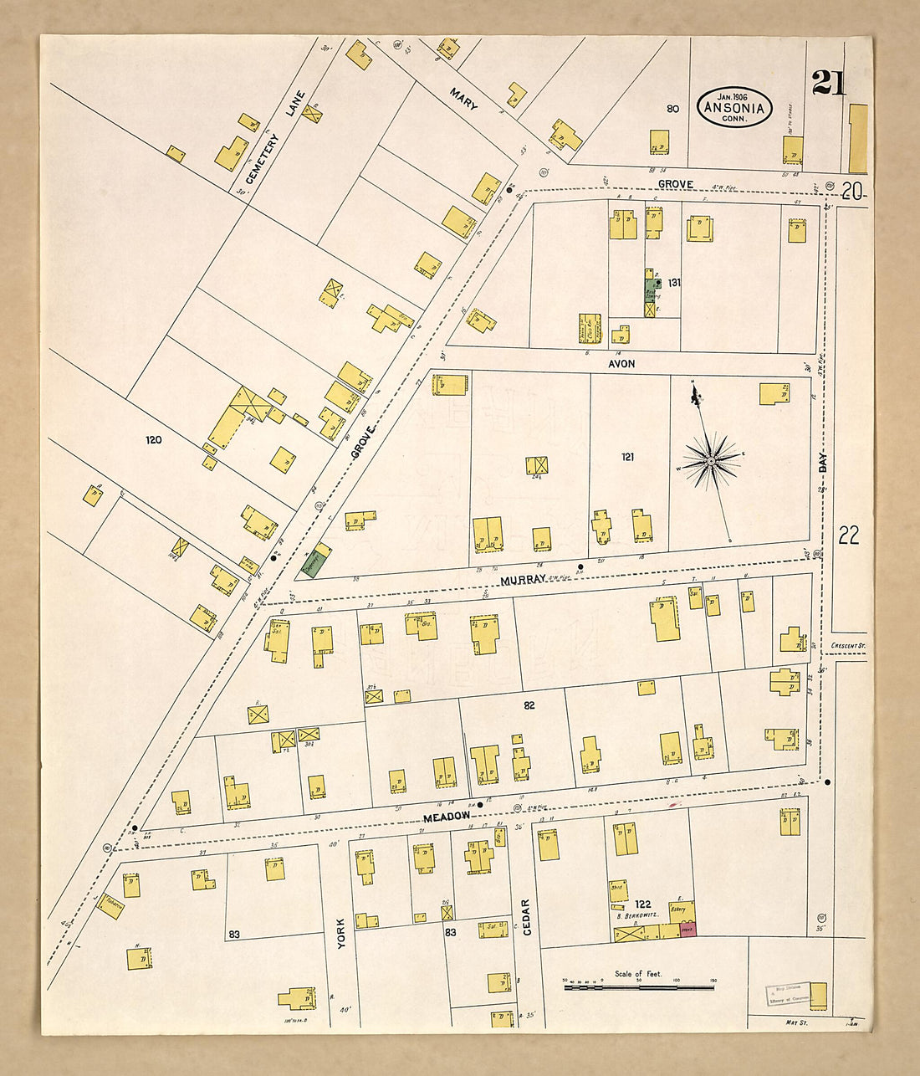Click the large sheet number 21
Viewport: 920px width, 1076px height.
(x=827, y=83)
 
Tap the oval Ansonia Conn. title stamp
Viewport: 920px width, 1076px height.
(x=735, y=108)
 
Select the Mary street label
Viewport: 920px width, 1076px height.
(x=463, y=99)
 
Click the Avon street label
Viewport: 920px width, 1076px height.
(x=621, y=364)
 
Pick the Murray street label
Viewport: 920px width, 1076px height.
(x=524, y=579)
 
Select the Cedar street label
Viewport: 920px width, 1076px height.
(x=526, y=916)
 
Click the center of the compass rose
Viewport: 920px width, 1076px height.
(x=711, y=460)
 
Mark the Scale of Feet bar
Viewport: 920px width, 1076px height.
(x=640, y=987)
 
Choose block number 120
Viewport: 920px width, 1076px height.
(x=153, y=439)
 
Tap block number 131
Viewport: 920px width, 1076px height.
(x=673, y=283)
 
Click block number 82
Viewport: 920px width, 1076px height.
(x=529, y=705)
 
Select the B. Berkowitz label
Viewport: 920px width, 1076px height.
(x=638, y=915)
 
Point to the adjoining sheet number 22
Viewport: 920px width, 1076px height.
(x=848, y=535)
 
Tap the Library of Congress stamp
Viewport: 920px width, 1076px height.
(x=789, y=994)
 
